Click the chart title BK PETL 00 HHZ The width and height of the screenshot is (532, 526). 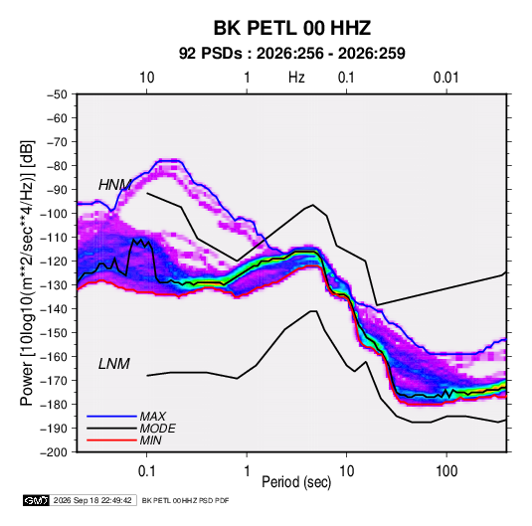click(291, 28)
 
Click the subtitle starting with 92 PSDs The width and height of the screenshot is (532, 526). click(291, 54)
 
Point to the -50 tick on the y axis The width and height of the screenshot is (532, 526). click(57, 94)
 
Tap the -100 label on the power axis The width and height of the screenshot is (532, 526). click(54, 214)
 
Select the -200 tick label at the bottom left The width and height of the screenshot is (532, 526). click(54, 452)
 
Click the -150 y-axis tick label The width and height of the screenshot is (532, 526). click(54, 333)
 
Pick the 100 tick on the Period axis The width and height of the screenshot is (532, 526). click(446, 471)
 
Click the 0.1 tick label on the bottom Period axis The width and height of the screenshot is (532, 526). click(146, 471)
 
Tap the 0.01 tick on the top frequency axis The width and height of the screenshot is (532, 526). click(446, 78)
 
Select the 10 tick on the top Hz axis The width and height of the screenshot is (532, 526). click(147, 78)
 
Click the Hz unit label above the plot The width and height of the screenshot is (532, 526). click(296, 78)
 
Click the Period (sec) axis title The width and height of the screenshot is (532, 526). click(296, 482)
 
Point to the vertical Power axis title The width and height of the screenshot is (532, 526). click(27, 272)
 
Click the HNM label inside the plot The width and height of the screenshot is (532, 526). click(114, 185)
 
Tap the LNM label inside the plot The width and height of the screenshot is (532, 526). click(114, 364)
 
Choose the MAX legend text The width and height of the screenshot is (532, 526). click(153, 417)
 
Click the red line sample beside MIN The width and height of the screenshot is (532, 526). click(111, 440)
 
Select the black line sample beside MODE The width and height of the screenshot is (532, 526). click(111, 429)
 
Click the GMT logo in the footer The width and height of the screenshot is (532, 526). click(36, 500)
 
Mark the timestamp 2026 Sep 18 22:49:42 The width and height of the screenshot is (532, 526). click(92, 500)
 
